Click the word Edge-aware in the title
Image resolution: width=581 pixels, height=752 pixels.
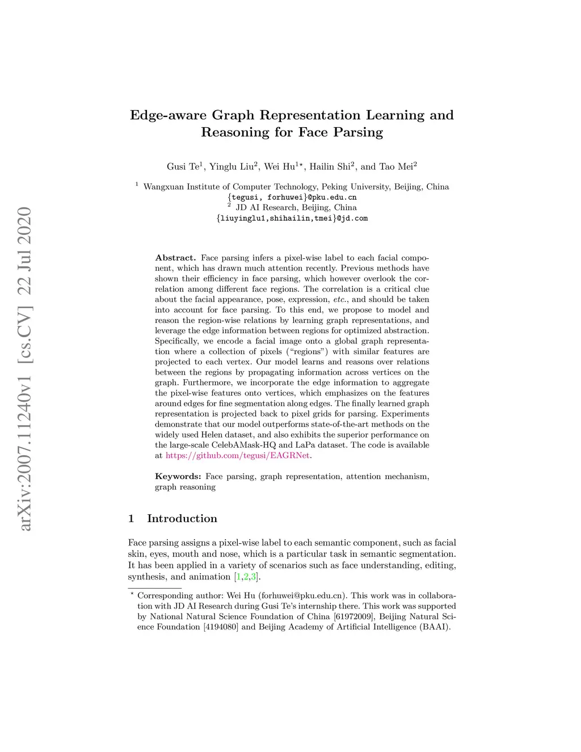[x=168, y=116]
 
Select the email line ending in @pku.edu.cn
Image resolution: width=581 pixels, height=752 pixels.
[x=292, y=198]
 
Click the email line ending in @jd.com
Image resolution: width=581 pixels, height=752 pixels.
[x=292, y=219]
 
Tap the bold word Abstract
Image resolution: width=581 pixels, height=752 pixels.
[x=175, y=258]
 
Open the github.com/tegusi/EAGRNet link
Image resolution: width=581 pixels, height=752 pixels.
[x=238, y=455]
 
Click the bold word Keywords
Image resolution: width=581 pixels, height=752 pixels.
[x=178, y=476]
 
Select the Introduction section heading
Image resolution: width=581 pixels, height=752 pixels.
[x=182, y=519]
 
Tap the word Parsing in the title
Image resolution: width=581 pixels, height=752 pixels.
[x=357, y=133]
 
